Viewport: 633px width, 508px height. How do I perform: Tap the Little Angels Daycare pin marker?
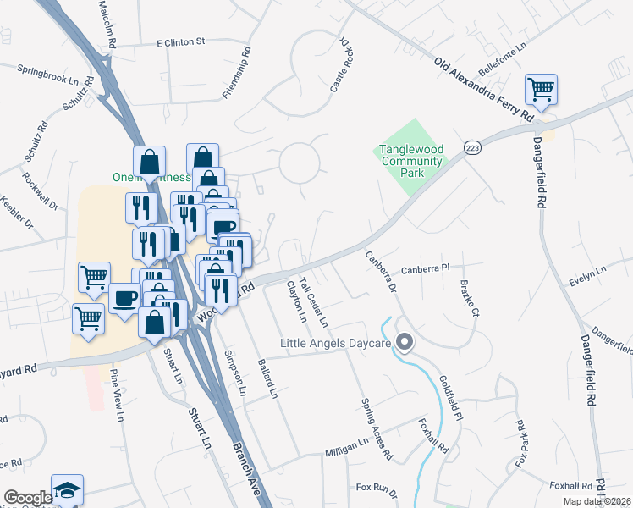(x=405, y=343)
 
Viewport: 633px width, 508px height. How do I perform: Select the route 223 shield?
(x=473, y=147)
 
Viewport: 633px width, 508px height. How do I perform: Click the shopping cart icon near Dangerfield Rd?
(x=541, y=88)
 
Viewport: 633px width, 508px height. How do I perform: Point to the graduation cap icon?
(x=67, y=490)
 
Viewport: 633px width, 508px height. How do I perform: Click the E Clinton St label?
(x=181, y=41)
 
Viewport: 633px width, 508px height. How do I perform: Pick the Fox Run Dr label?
(x=377, y=488)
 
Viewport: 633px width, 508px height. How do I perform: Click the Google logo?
(x=27, y=498)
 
